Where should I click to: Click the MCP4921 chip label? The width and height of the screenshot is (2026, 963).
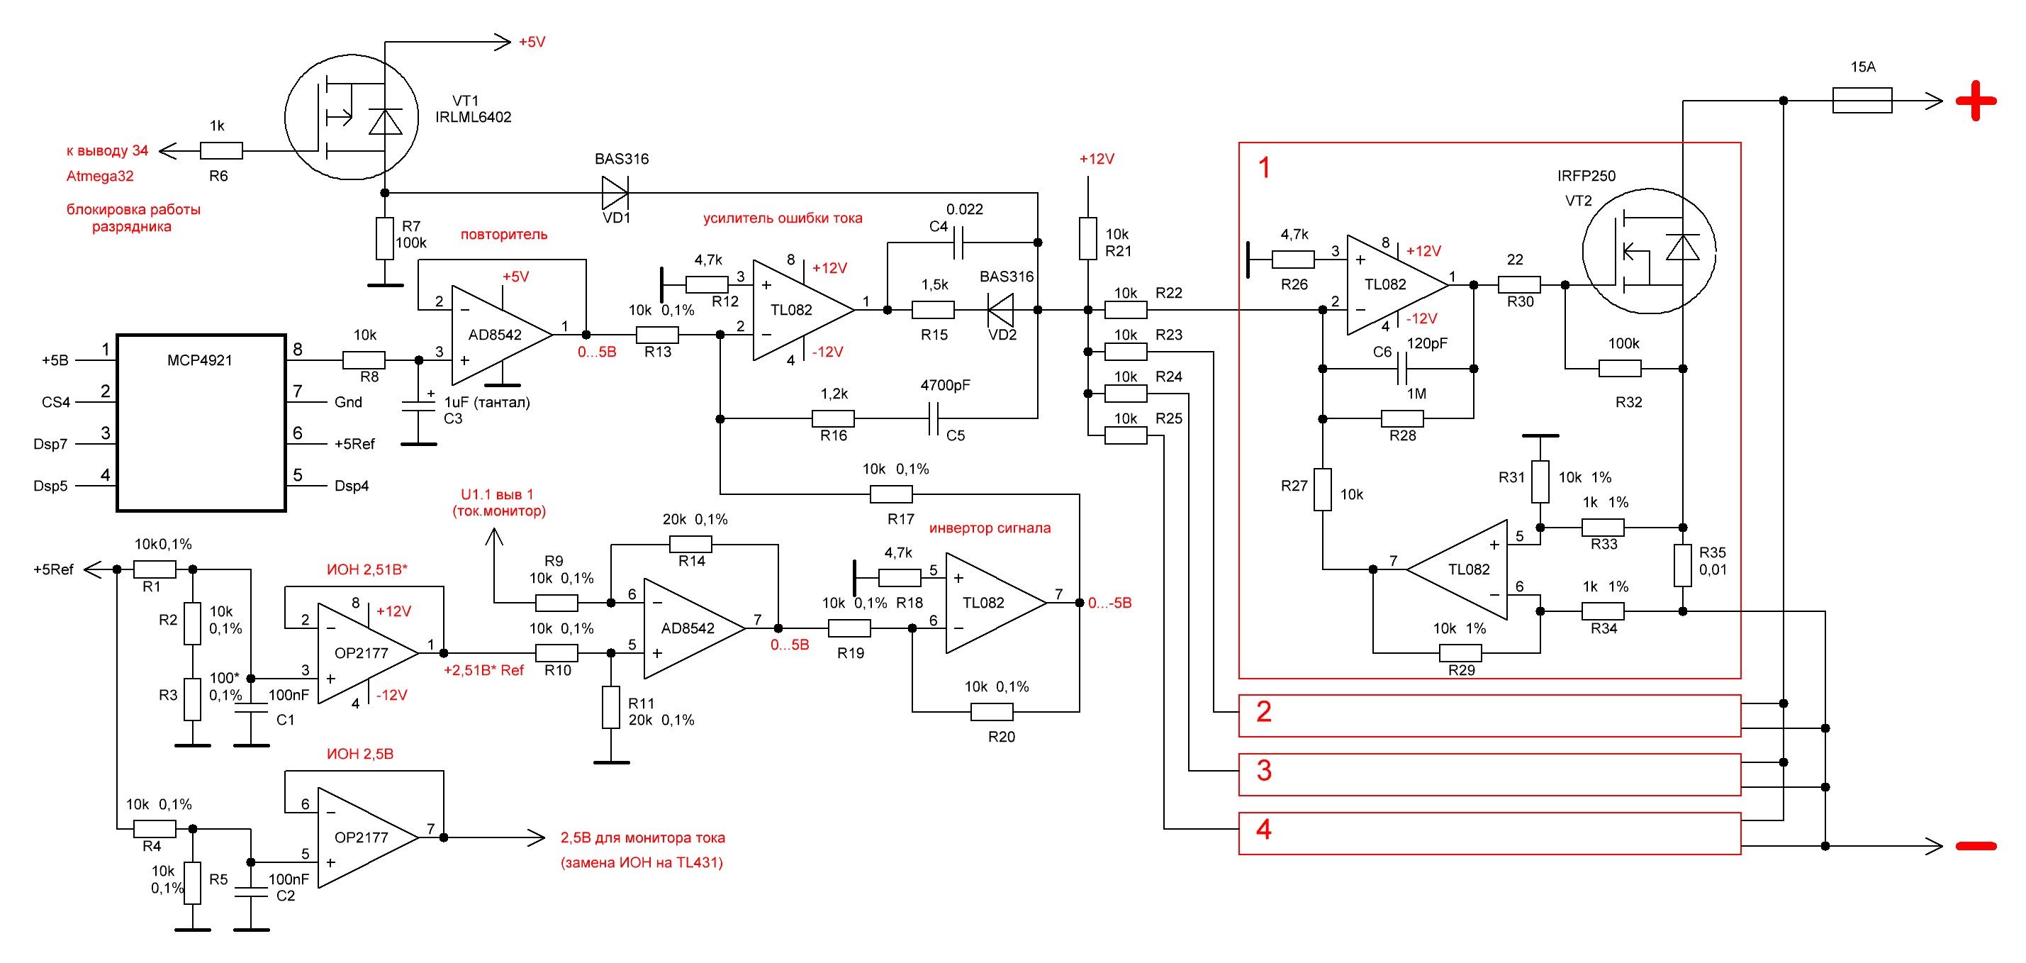point(199,360)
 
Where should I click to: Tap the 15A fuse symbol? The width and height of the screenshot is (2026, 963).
point(1862,101)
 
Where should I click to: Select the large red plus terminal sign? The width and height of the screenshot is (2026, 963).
point(1976,101)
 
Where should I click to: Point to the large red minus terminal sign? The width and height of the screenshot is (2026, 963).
point(1976,846)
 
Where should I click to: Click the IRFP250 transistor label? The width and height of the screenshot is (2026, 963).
point(1586,175)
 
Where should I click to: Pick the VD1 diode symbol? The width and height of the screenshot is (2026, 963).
point(615,193)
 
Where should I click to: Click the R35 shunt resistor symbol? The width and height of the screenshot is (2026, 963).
point(1682,566)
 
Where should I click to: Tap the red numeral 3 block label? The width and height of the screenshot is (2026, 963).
point(1264,770)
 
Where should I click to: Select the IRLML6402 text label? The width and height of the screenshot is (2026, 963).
point(473,117)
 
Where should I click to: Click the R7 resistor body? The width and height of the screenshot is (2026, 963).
point(385,238)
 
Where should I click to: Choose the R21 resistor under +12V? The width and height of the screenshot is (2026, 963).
point(1087,238)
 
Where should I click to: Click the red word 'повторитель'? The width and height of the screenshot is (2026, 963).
point(503,235)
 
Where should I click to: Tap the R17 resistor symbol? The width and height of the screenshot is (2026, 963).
point(891,494)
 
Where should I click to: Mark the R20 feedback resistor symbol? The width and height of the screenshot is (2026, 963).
point(992,712)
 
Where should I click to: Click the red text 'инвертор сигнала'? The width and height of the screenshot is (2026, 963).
point(990,528)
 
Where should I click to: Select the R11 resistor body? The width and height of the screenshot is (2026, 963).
point(611,707)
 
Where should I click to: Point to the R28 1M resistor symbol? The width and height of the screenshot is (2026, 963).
point(1402,418)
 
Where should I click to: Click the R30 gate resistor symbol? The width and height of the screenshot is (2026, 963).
point(1518,285)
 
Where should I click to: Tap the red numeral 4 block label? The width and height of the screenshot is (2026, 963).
point(1264,829)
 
